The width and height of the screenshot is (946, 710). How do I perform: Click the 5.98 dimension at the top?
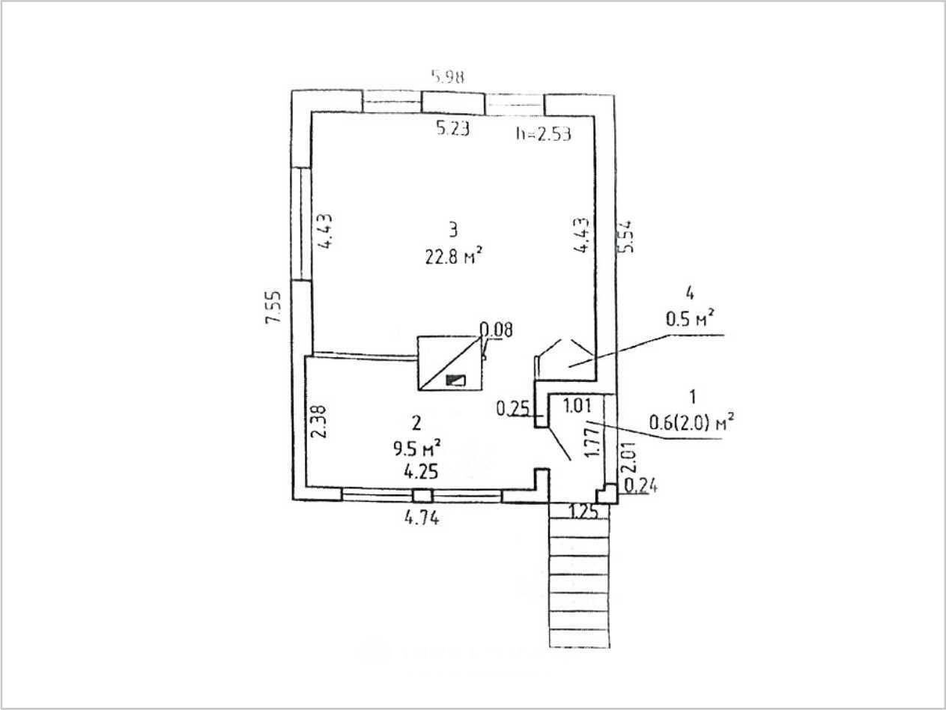click(x=447, y=76)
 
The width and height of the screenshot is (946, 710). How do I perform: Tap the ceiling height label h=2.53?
click(x=543, y=134)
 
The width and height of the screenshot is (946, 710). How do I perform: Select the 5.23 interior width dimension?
click(x=452, y=129)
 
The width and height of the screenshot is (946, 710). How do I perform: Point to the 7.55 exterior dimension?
click(x=273, y=306)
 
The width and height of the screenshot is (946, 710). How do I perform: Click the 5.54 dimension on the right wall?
click(x=627, y=236)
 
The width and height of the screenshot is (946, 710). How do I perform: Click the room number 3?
click(x=452, y=229)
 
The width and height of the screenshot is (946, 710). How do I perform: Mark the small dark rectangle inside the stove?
click(x=455, y=380)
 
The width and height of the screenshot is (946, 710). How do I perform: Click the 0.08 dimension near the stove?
click(x=496, y=330)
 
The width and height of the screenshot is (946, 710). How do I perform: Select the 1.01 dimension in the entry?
click(x=577, y=407)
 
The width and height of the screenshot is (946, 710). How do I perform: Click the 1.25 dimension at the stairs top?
click(x=583, y=512)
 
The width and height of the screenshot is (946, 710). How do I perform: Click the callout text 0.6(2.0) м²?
click(x=690, y=422)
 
